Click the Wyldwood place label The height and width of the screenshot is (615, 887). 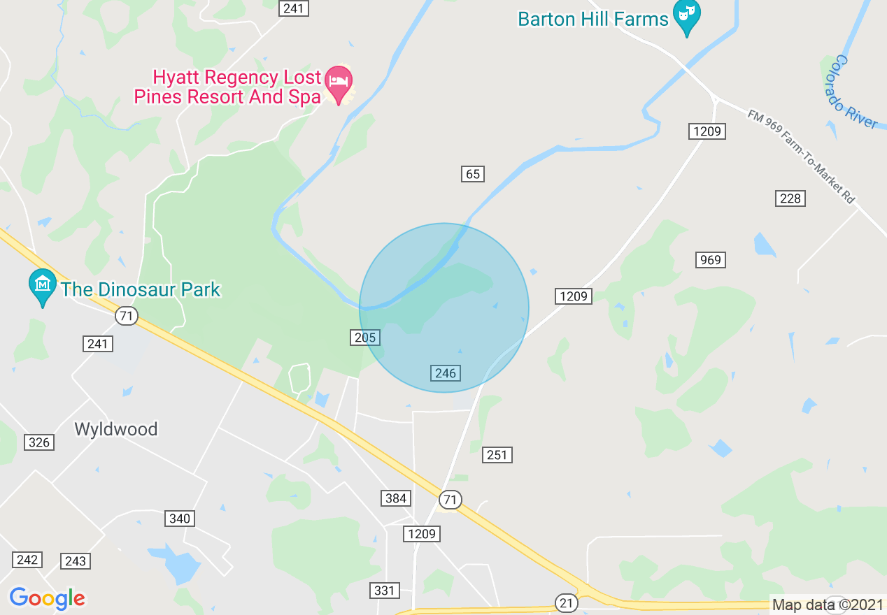[116, 428]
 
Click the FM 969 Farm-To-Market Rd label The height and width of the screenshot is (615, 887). [801, 157]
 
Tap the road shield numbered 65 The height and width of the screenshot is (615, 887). [473, 174]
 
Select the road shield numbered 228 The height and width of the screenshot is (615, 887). [790, 198]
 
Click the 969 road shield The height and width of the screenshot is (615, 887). [710, 260]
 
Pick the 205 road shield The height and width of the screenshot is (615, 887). [364, 338]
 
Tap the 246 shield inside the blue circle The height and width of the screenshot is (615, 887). [445, 373]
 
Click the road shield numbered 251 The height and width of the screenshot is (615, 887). [497, 455]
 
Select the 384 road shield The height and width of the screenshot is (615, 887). [396, 498]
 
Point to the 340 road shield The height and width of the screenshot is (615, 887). [180, 519]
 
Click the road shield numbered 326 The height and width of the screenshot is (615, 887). [39, 442]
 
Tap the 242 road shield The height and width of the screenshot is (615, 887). [27, 560]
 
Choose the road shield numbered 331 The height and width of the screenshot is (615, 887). [384, 591]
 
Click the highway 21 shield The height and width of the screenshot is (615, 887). [566, 602]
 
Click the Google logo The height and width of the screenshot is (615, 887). [47, 598]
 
